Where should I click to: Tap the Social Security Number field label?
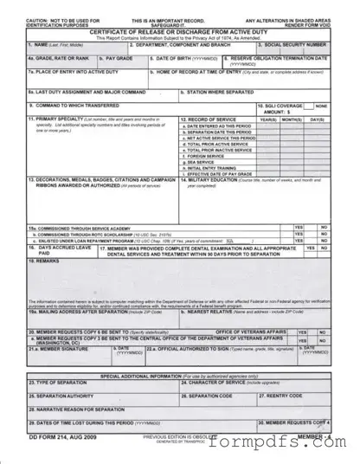[301, 43]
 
